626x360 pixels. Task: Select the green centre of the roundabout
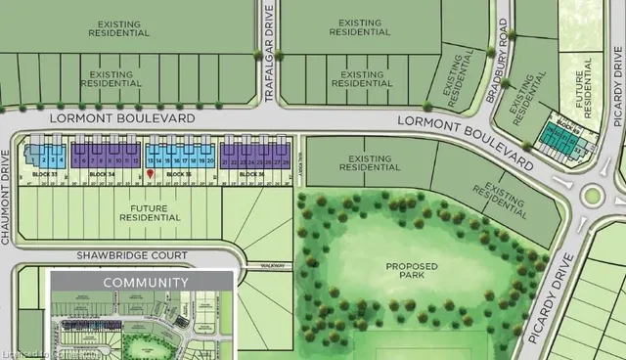(x=592, y=195)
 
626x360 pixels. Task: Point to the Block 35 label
(x=178, y=173)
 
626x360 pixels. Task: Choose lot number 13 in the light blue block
(x=150, y=159)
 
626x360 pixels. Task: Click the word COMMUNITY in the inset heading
(x=156, y=283)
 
